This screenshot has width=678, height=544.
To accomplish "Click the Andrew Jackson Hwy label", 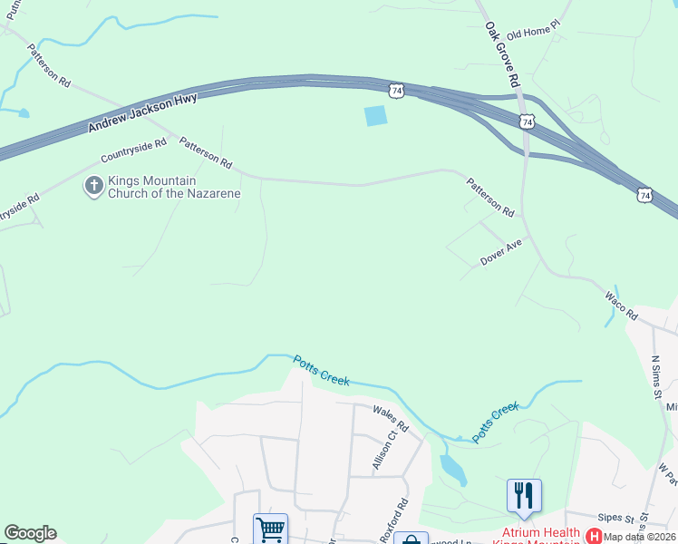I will coord(142,112).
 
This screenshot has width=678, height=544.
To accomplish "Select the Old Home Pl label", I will coord(535,34).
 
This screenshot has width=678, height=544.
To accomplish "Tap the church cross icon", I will coord(92,186).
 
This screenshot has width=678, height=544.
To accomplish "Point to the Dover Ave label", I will coord(501,252).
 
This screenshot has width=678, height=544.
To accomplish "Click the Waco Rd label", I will coord(622,307).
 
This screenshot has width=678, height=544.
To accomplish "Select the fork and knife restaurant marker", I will coord(524,494).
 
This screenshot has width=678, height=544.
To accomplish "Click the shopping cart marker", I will coord(270,529).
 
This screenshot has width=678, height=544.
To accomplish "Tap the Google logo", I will coord(30,533).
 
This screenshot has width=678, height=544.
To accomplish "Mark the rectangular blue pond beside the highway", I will coord(374,116).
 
